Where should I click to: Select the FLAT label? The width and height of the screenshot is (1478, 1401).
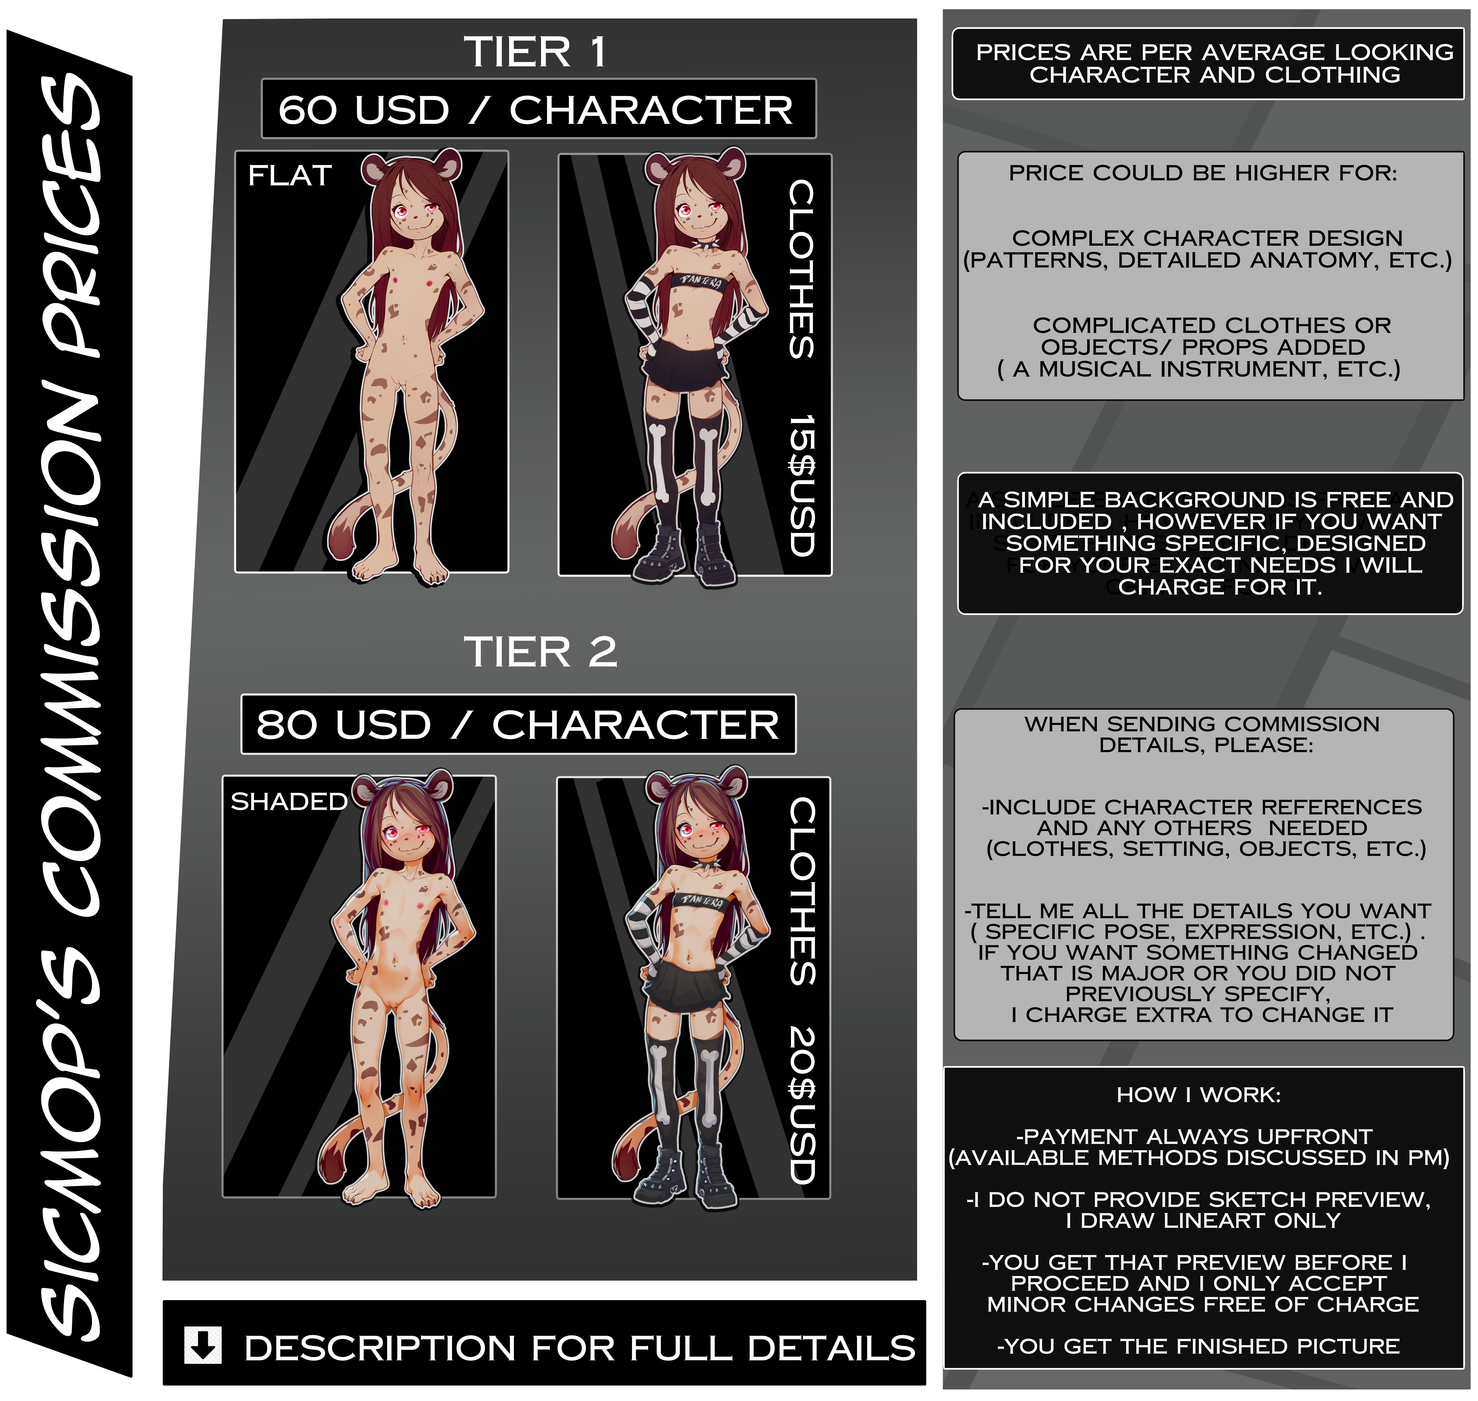point(290,175)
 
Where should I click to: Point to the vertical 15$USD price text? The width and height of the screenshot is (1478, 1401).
point(801,485)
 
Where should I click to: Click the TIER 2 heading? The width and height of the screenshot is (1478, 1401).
point(541,652)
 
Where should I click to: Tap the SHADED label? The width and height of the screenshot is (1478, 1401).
point(289,801)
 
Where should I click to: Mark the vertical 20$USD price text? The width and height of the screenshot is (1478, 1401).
point(801,1105)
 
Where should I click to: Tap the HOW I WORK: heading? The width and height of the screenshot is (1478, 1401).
point(1199,1095)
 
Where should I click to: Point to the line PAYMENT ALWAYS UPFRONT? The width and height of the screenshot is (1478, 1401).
point(1194,1137)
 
